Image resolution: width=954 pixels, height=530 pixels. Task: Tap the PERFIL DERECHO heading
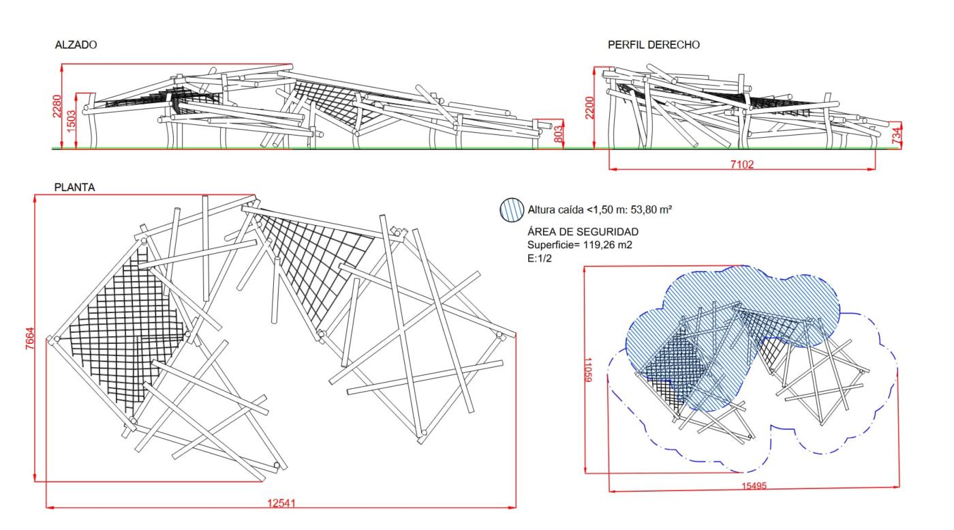(653, 45)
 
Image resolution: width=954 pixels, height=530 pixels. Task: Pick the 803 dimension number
(558, 134)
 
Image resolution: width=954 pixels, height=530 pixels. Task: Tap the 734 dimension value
(899, 135)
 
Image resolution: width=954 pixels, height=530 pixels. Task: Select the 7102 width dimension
(741, 164)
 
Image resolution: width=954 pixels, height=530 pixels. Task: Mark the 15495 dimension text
(752, 486)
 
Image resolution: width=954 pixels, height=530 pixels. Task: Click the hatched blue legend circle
(512, 209)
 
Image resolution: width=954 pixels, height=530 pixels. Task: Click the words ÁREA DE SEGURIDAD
(583, 232)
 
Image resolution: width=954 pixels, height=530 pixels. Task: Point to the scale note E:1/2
(539, 257)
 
